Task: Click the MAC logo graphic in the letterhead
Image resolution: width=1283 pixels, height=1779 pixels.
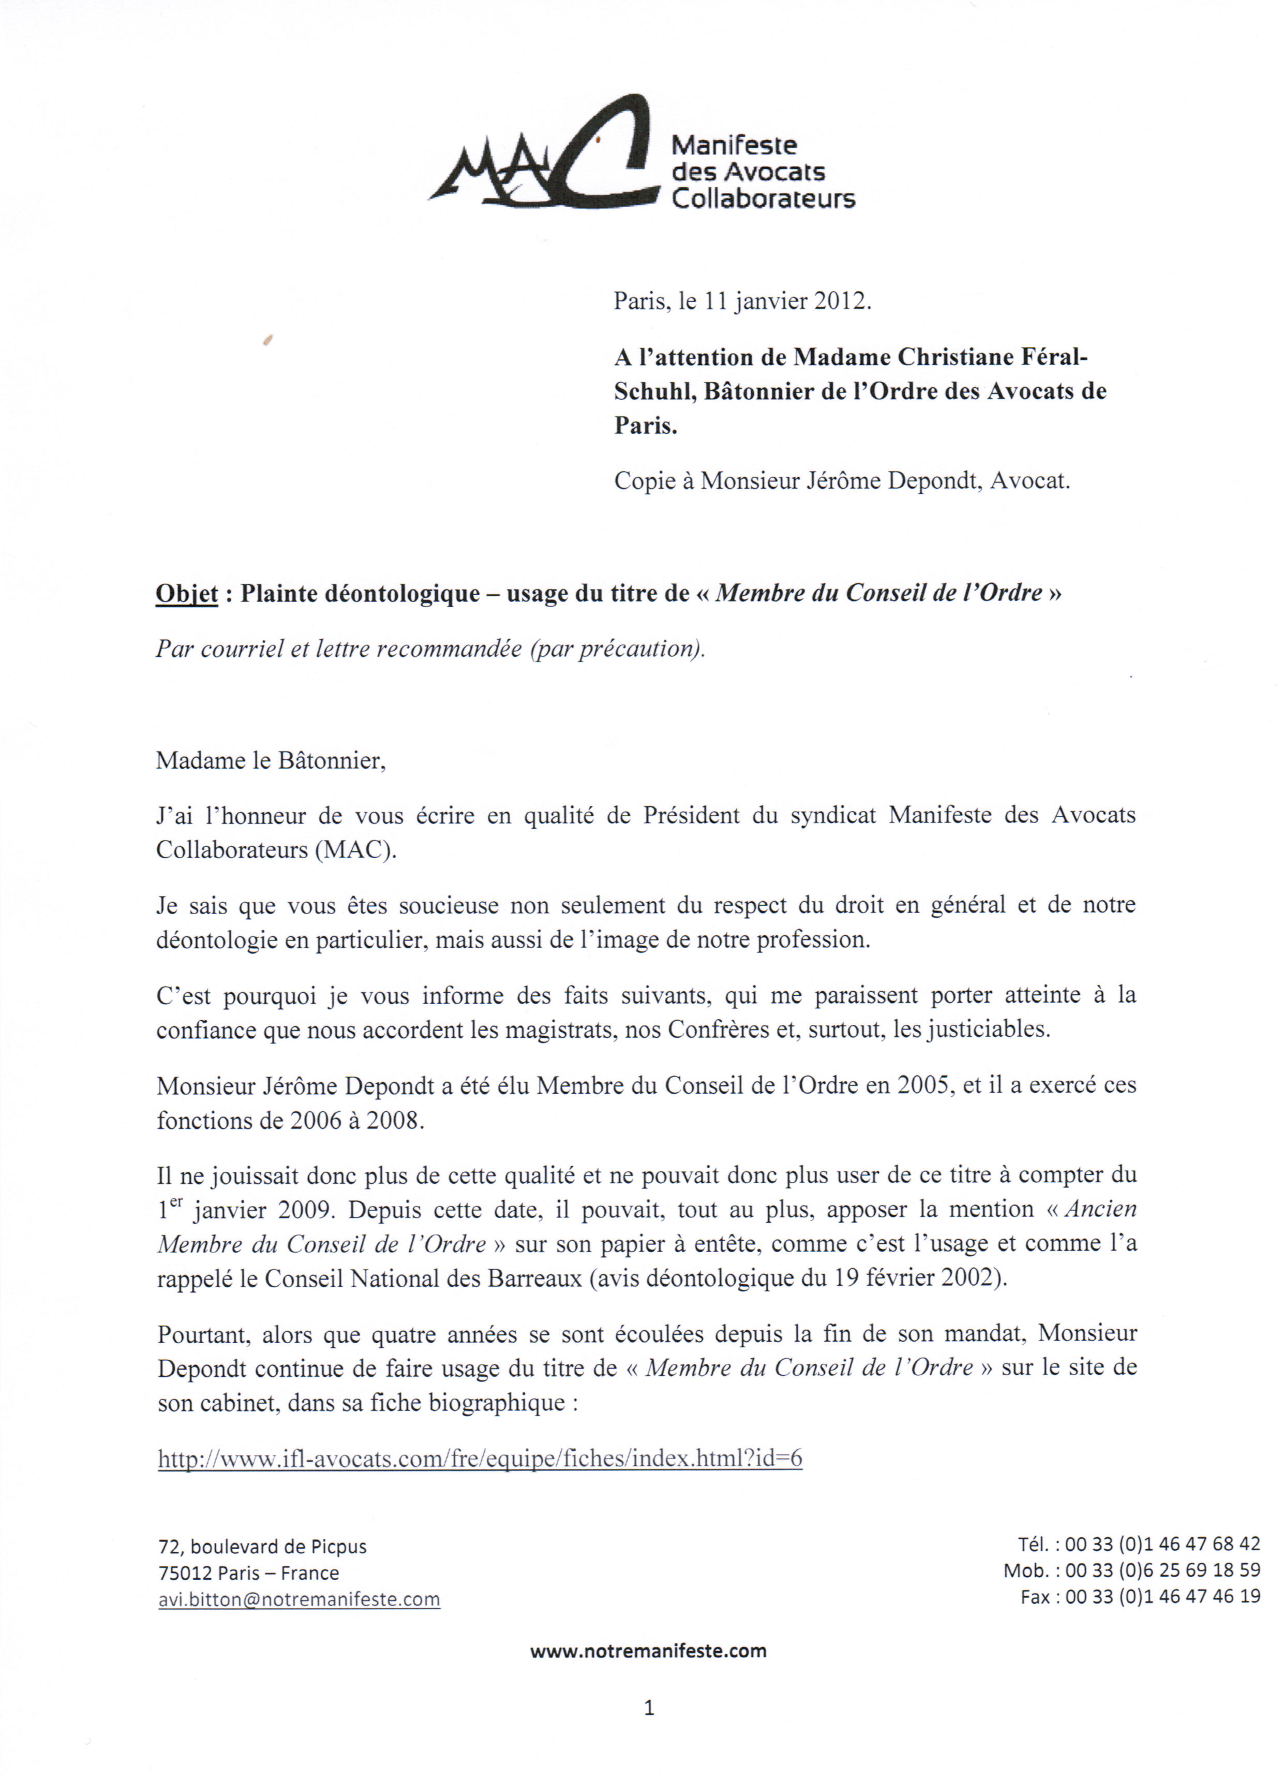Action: (545, 153)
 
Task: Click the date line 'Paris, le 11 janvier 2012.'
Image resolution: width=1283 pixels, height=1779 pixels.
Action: (742, 301)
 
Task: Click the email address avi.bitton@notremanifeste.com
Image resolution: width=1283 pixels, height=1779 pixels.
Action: (299, 1599)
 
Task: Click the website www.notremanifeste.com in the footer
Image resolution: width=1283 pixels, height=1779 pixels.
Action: (648, 1650)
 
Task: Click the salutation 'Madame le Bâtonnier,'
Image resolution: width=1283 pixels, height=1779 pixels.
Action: (271, 761)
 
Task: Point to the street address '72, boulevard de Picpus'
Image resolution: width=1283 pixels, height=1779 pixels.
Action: (263, 1546)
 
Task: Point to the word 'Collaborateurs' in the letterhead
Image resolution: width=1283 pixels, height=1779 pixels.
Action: (763, 199)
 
